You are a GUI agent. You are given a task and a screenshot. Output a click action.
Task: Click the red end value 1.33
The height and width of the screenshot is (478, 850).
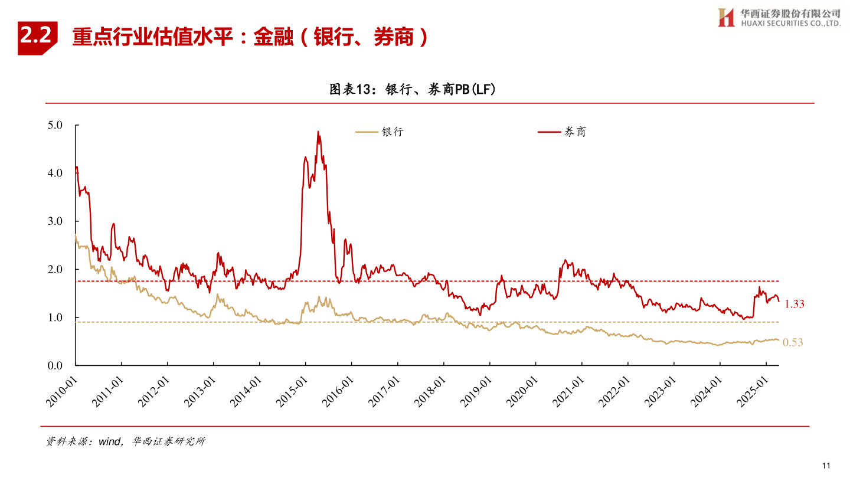(795, 304)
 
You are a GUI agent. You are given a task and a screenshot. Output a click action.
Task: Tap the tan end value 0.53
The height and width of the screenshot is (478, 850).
(793, 342)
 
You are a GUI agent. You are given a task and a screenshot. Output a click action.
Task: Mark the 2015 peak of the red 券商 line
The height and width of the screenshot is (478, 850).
(318, 132)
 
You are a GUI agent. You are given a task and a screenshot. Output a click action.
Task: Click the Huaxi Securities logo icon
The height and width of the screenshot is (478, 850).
(725, 17)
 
